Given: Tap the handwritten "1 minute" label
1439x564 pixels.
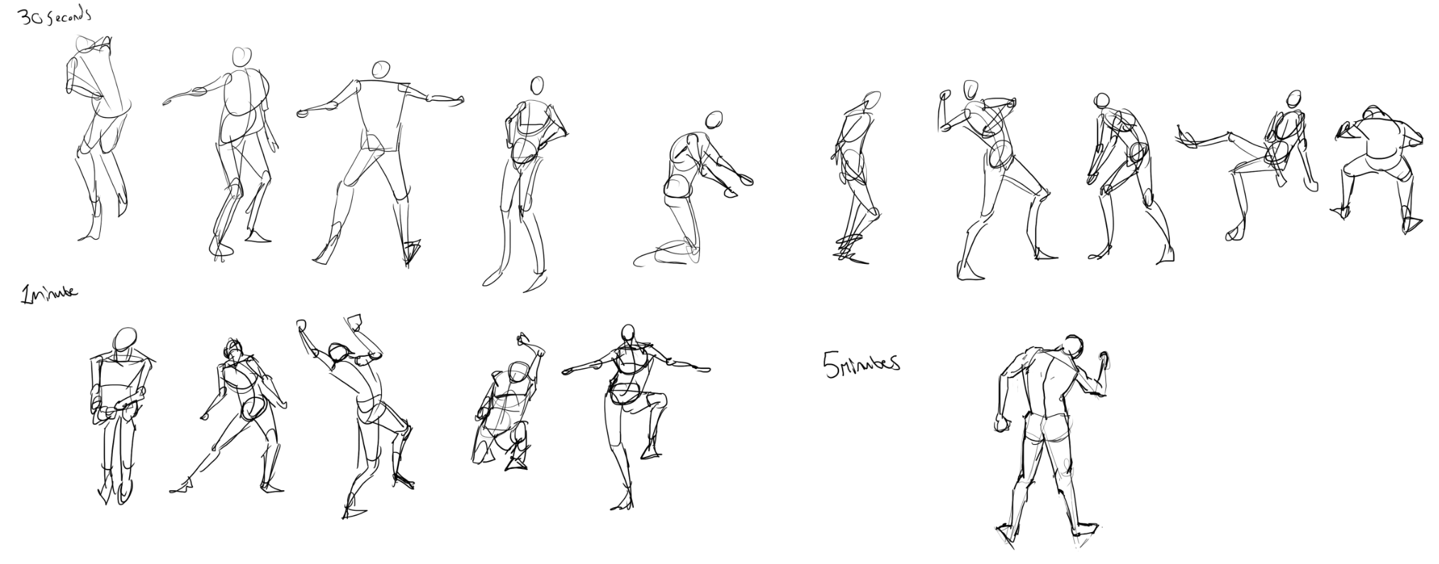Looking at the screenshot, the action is pos(50,294).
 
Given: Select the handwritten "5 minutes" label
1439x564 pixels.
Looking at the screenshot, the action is pos(861,364).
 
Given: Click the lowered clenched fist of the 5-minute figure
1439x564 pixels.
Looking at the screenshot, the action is pos(1002,424).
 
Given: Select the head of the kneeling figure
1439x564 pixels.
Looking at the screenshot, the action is pos(713,119).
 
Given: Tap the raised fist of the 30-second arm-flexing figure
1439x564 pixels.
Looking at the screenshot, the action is pos(944,95).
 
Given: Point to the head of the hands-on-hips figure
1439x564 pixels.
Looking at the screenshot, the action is pos(537,86).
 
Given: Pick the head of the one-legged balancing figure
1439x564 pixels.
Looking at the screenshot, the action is pos(628,334).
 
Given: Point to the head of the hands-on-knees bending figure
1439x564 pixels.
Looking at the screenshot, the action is pos(1102,100).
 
